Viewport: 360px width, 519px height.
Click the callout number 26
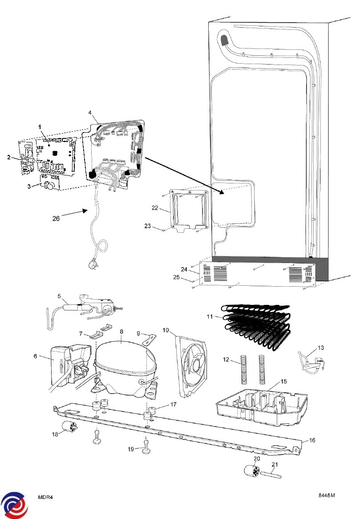click(56, 218)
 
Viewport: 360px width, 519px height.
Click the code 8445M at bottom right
click(326, 495)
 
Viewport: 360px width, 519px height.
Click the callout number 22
click(155, 208)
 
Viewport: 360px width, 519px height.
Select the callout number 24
click(184, 269)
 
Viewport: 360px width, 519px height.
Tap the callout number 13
click(321, 348)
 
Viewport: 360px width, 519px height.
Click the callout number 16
click(312, 440)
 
